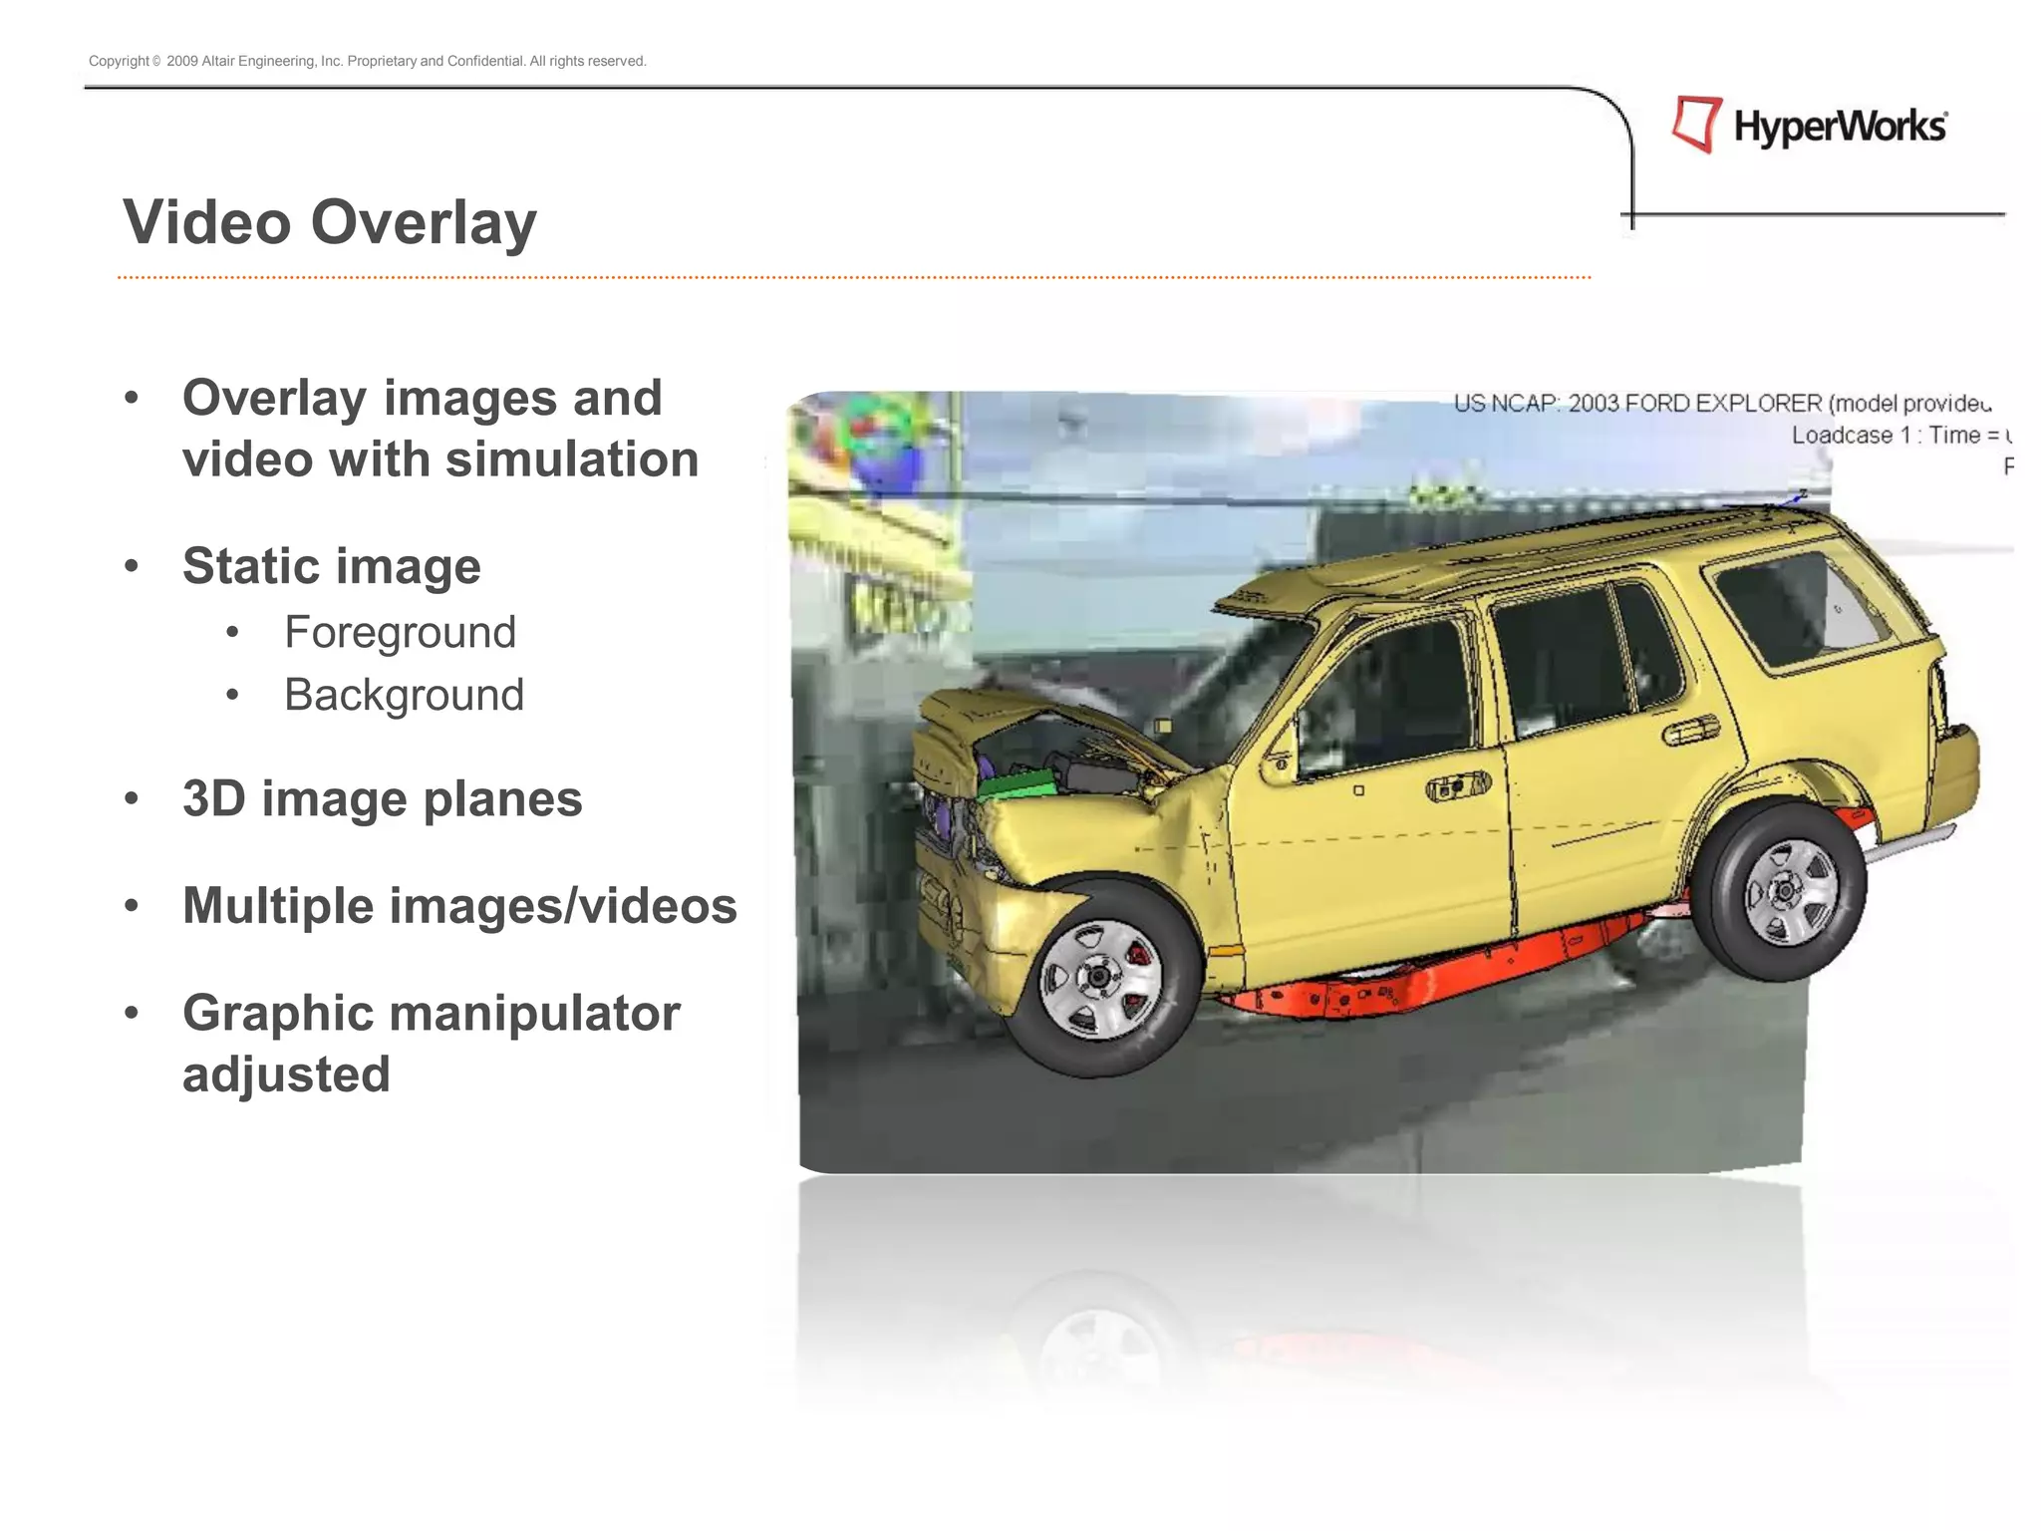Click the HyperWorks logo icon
[x=1697, y=125]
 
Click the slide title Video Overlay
[x=329, y=221]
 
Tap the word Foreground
[x=400, y=632]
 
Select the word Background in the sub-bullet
[x=404, y=695]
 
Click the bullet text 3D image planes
[x=382, y=798]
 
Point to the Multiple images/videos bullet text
[x=459, y=905]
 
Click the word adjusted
[x=286, y=1073]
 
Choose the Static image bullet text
[x=331, y=566]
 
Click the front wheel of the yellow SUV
[x=1098, y=978]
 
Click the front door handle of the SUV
[x=1458, y=786]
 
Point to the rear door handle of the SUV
[x=1690, y=732]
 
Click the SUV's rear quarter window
[x=1794, y=604]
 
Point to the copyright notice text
[x=367, y=61]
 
